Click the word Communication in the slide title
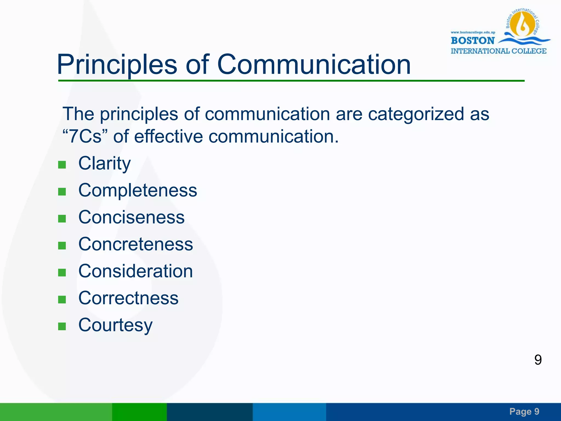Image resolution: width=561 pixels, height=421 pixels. click(314, 65)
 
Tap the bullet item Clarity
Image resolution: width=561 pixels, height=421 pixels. click(104, 164)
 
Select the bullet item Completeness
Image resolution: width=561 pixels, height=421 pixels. click(138, 190)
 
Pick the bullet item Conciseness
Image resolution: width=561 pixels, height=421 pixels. click(131, 217)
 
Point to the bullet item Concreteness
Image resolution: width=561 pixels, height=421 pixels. click(136, 244)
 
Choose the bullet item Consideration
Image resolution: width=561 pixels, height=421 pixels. click(136, 271)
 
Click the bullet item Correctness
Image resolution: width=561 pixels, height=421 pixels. click(128, 298)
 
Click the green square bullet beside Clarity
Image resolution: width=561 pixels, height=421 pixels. click(62, 165)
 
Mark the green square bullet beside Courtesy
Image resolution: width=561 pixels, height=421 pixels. click(62, 326)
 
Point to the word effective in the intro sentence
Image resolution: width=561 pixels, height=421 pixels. click(168, 136)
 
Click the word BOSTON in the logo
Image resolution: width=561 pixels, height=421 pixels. click(473, 41)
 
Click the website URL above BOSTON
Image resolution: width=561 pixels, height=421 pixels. click(473, 32)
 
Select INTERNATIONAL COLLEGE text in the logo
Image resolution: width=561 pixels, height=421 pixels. click(499, 51)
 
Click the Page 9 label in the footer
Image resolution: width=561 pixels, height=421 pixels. click(524, 411)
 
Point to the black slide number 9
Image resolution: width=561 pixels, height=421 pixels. click(538, 360)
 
